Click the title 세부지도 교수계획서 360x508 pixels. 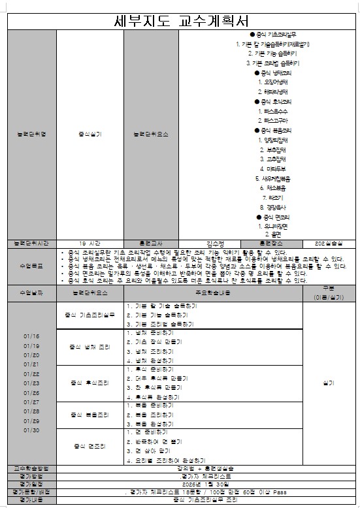click(x=180, y=20)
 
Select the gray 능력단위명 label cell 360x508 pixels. click(x=32, y=135)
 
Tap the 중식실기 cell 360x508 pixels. click(x=90, y=135)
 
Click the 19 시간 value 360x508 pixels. click(x=90, y=243)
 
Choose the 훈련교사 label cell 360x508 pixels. click(x=151, y=243)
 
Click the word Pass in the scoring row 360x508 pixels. click(x=278, y=492)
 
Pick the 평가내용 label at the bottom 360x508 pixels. click(x=32, y=500)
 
